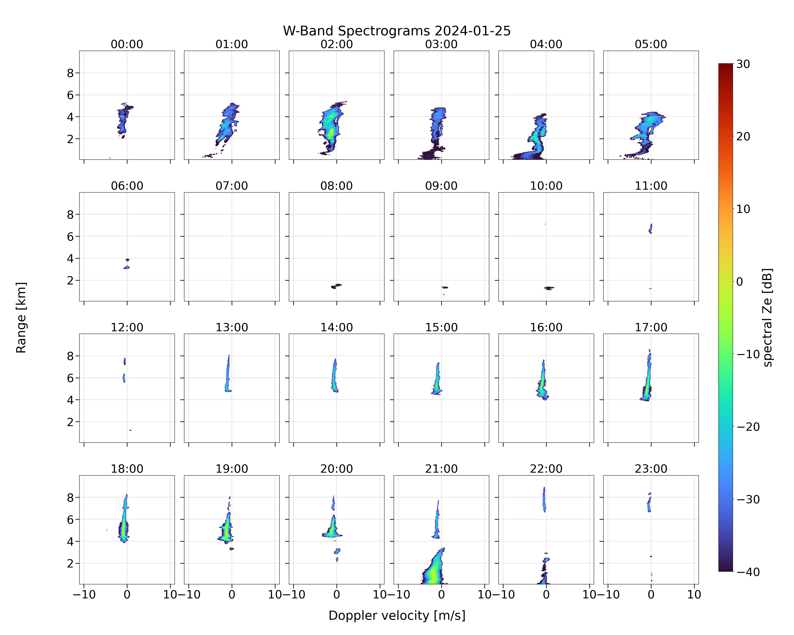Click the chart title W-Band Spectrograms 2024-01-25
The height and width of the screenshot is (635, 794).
(397, 31)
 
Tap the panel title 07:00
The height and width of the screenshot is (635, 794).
(232, 186)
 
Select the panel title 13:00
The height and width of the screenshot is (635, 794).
(232, 327)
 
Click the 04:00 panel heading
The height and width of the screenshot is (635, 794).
(546, 44)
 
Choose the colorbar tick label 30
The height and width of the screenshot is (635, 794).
(743, 64)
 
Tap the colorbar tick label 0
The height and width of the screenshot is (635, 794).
(740, 282)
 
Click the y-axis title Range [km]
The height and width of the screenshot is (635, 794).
(21, 318)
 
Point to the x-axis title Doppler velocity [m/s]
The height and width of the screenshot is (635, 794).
(397, 616)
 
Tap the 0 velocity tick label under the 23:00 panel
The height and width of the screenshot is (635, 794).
(651, 595)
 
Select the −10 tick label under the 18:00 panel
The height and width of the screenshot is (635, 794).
(84, 595)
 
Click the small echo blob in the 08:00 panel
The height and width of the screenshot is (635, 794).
(336, 286)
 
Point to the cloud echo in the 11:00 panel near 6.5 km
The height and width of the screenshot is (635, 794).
(650, 229)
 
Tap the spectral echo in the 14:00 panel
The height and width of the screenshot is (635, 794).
(334, 375)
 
